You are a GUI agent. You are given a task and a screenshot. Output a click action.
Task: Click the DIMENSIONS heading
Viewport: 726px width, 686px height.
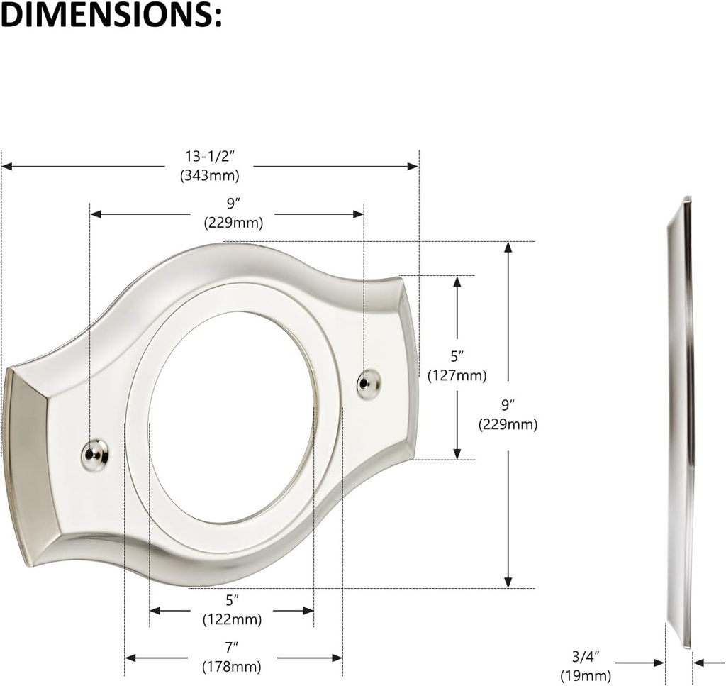[x=111, y=16]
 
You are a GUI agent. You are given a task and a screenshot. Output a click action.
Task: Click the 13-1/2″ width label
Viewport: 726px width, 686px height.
[x=209, y=156]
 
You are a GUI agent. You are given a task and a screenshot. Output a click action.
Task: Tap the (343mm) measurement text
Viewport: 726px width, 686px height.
[x=209, y=175]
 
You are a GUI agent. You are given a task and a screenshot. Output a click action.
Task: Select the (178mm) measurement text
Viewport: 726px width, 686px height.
[x=232, y=667]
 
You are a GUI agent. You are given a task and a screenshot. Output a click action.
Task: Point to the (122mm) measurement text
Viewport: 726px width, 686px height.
[x=232, y=619]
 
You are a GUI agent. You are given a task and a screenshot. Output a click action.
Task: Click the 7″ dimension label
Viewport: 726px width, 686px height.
[x=232, y=647]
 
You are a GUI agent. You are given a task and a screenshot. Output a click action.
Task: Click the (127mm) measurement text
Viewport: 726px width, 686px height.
[x=457, y=375]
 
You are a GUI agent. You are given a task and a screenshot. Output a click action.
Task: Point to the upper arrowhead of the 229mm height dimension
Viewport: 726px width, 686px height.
[x=508, y=248]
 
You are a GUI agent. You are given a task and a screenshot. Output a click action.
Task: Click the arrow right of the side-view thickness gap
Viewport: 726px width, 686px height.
[x=698, y=663]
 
